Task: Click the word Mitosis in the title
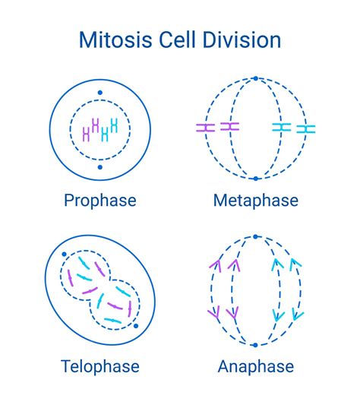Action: tap(115, 40)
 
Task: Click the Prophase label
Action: tap(100, 201)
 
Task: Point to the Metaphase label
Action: tap(255, 201)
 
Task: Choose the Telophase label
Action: tap(100, 366)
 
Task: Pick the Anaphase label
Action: tap(255, 366)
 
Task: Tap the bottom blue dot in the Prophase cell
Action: tap(100, 166)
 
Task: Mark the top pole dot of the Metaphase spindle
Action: tap(256, 78)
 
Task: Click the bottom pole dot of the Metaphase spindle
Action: tap(256, 179)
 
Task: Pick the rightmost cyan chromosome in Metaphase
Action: tap(306, 129)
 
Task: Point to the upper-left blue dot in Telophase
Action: tap(65, 256)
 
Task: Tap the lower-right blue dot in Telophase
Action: tap(135, 327)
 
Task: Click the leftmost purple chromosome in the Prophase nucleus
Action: tap(86, 135)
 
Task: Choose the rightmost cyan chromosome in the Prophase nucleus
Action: tap(115, 126)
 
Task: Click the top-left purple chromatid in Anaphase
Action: tap(213, 267)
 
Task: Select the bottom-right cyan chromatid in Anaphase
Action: tap(298, 312)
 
